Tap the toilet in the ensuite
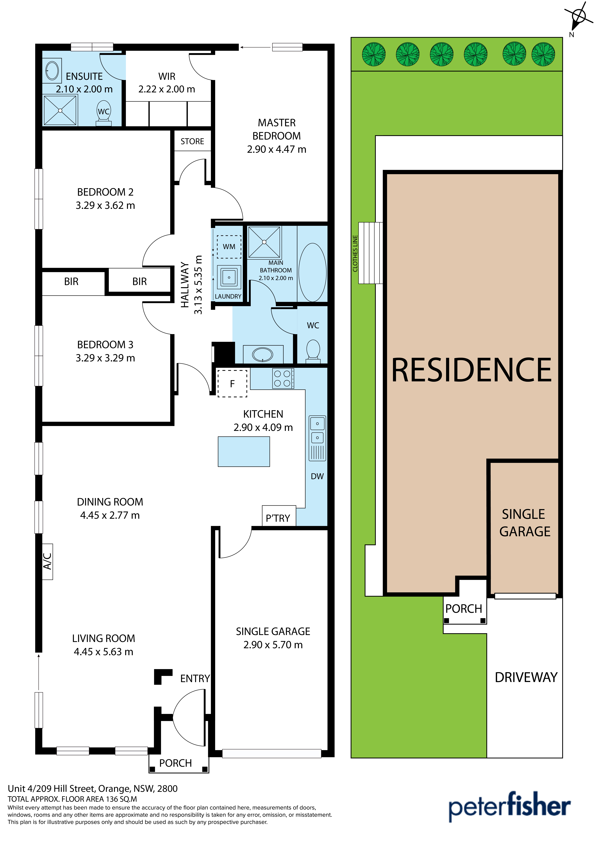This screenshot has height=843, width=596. pos(104,114)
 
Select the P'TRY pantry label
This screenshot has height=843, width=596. pos(278,518)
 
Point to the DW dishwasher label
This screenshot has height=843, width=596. pos(317,476)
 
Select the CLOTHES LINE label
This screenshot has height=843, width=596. pos(355,253)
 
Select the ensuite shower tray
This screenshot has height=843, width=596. pos(60,110)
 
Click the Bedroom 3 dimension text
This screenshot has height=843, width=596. pos(105,358)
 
